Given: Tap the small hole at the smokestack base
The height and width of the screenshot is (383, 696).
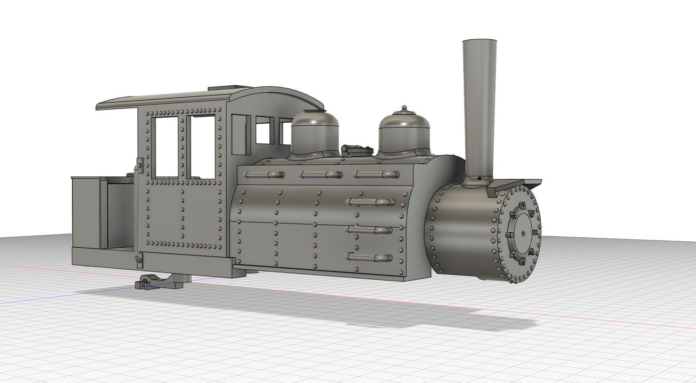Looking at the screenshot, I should (x=478, y=178).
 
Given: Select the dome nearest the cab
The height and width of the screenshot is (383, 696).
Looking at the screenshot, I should (x=315, y=133).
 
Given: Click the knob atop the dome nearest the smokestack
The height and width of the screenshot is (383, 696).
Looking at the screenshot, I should (x=404, y=108).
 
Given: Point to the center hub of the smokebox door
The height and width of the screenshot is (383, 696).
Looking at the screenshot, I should (x=523, y=234).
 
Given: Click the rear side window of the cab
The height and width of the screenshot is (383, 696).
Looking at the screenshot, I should (x=167, y=147).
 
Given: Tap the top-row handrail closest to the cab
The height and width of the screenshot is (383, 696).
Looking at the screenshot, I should (x=264, y=175).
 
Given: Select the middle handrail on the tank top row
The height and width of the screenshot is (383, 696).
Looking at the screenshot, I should (x=321, y=175).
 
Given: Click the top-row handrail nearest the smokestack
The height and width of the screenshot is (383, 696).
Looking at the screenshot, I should (x=376, y=175).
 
